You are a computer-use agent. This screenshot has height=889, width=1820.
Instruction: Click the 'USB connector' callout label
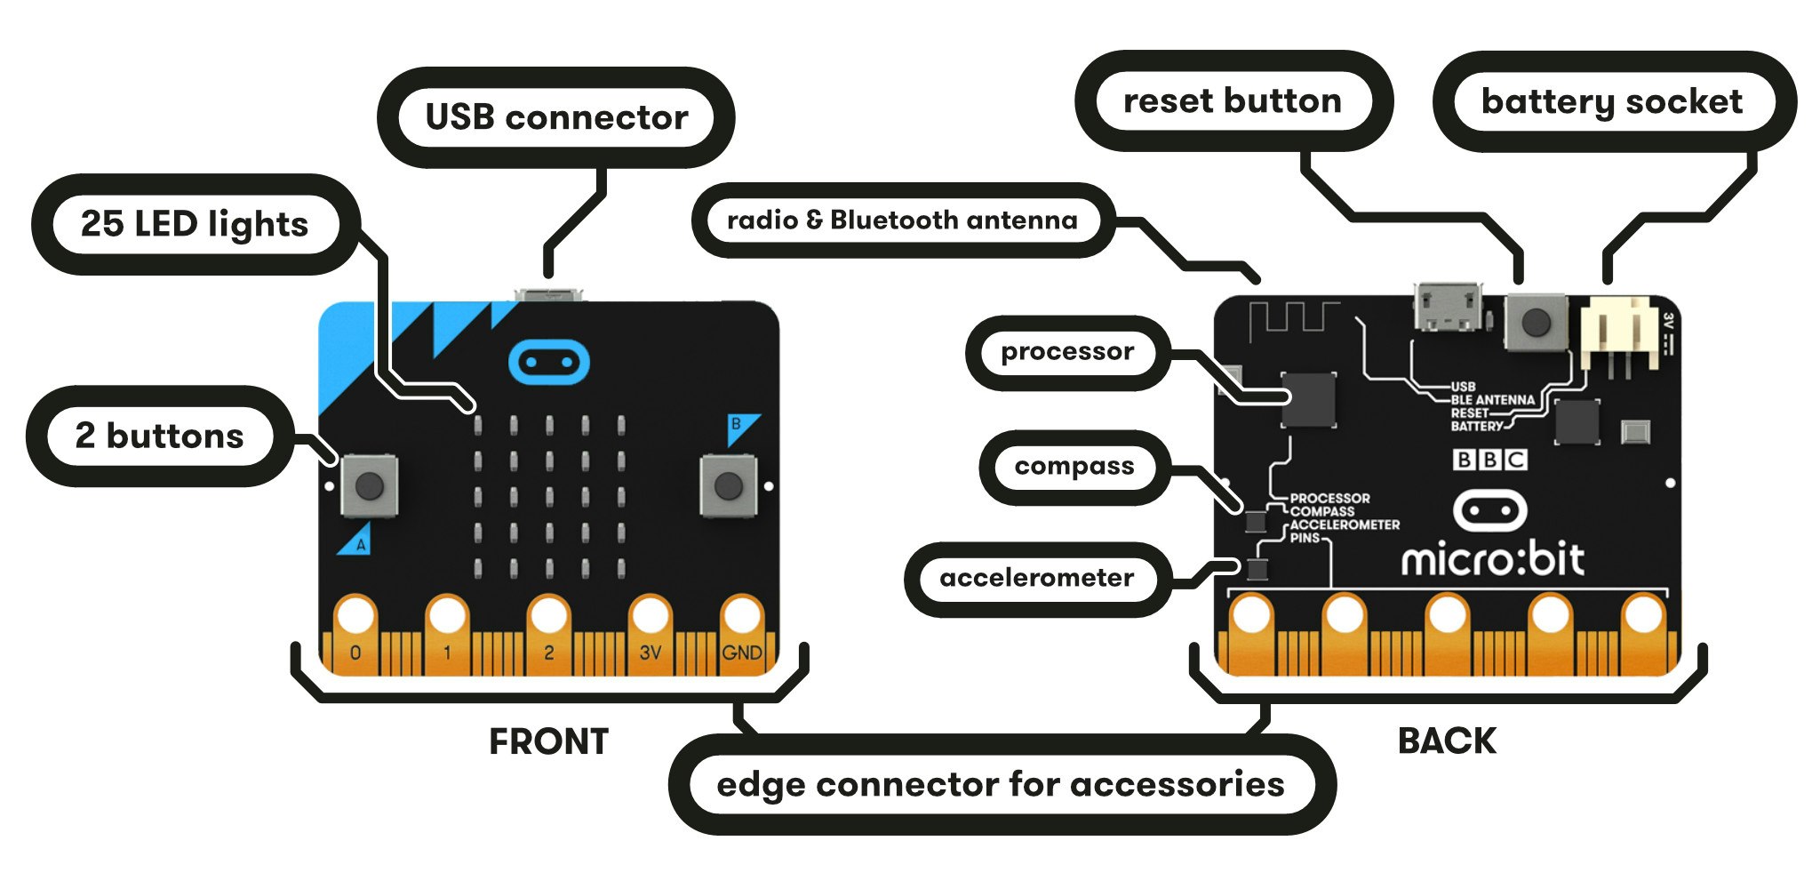point(556,117)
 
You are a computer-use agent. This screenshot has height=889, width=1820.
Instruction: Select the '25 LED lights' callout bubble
point(194,224)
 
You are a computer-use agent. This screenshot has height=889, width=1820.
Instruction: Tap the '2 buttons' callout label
point(159,436)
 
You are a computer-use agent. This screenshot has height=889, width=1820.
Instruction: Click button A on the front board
point(369,485)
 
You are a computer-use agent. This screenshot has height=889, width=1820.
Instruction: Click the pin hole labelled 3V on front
point(650,615)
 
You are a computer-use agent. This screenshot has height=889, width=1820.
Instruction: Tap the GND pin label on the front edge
point(741,653)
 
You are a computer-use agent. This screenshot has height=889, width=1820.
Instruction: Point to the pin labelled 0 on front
point(355,653)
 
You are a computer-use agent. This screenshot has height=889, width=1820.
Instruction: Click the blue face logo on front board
point(548,363)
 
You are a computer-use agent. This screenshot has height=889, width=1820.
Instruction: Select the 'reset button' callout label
point(1232,100)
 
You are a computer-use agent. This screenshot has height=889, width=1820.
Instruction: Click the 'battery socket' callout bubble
point(1611,101)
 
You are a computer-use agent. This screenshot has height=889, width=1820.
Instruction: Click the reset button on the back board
point(1535,323)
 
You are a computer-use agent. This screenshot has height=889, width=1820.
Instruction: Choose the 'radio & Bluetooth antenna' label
point(901,220)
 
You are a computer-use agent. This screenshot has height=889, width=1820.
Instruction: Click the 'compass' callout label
point(1074,467)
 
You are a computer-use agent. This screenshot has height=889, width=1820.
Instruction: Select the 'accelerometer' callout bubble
point(1036,579)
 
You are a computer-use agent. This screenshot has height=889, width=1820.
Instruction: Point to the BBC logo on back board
point(1489,460)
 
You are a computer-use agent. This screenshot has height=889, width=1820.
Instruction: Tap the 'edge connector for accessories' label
point(1000,785)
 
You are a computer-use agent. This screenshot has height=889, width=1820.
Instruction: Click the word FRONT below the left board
point(548,741)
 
